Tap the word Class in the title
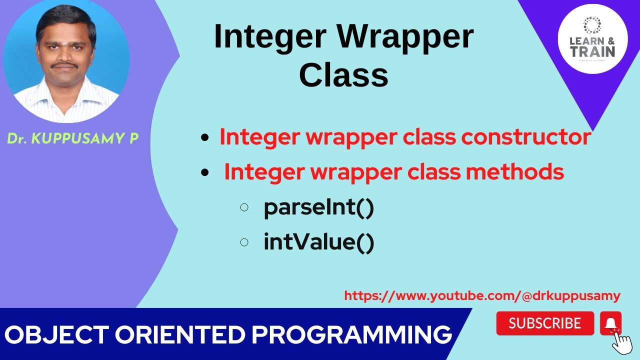pyautogui.click(x=343, y=76)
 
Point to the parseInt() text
pyautogui.click(x=319, y=207)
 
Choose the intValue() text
pyautogui.click(x=319, y=242)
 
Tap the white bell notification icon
pyautogui.click(x=610, y=323)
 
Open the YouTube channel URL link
pyautogui.click(x=482, y=296)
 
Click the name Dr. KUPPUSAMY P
pyautogui.click(x=72, y=138)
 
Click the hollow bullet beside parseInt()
pyautogui.click(x=244, y=207)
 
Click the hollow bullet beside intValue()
pyautogui.click(x=244, y=242)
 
